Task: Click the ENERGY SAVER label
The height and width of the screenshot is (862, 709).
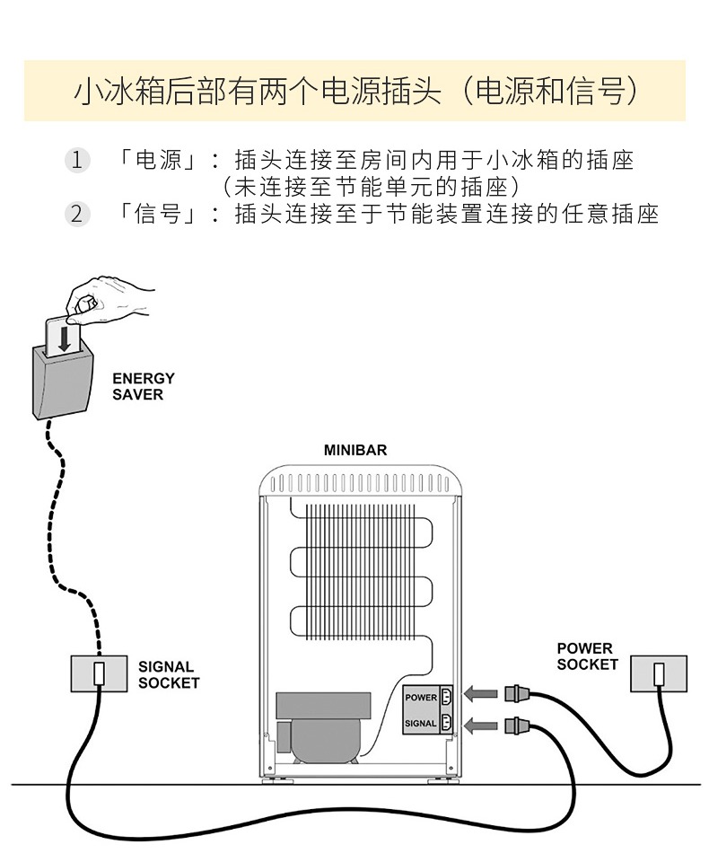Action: tap(144, 386)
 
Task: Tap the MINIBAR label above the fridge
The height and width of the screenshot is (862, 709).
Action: tap(355, 450)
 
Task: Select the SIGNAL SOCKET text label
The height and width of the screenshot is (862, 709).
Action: tap(169, 674)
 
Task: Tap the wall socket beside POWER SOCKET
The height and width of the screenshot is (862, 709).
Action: tap(659, 673)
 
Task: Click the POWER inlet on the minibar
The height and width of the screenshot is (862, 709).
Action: tap(444, 696)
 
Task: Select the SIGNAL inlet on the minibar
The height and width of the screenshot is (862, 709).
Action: tap(444, 722)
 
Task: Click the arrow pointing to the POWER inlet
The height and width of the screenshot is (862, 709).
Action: tap(484, 693)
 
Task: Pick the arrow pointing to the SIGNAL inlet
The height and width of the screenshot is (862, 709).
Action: tap(484, 723)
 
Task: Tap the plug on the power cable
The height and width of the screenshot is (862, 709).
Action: tap(519, 692)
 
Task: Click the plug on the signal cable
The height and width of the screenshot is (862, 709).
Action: tap(519, 724)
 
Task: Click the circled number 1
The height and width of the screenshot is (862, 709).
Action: tap(76, 161)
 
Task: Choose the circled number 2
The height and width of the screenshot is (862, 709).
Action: tap(76, 214)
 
